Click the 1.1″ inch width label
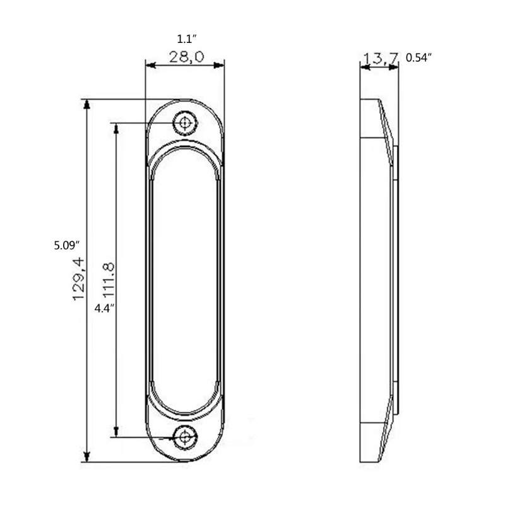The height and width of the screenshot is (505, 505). coord(187,39)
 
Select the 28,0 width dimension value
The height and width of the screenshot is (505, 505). coord(187,57)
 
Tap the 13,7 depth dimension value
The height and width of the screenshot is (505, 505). coord(381,58)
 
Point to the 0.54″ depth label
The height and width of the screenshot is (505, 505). coord(419,57)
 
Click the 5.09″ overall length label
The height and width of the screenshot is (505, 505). coord(67,246)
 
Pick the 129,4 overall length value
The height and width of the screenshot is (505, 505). coord(78,279)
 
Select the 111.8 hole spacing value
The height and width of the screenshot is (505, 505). coord(109,279)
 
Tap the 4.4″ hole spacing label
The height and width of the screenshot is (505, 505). coord(104,309)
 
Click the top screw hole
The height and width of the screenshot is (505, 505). coord(185,122)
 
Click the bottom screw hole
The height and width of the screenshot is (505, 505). coord(185,437)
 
